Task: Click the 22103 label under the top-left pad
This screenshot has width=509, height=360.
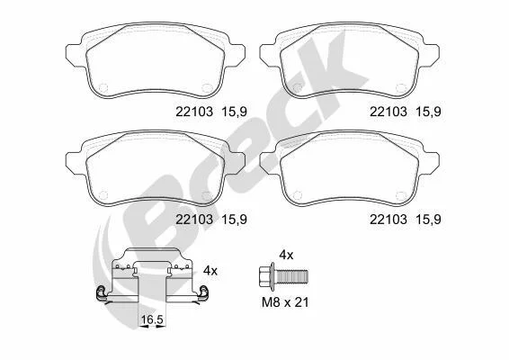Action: coord(194,112)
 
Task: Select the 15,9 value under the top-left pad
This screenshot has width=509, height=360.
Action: coord(234,112)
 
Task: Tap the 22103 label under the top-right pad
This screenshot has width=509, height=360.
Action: coord(388,112)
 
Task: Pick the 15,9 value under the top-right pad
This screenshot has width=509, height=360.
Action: coord(428,112)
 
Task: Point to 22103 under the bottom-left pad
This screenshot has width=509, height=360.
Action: coord(194,220)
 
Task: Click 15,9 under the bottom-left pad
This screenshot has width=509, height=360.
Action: coord(234,220)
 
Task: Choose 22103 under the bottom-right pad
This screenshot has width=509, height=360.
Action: coord(388,220)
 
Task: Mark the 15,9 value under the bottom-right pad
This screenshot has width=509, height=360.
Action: coord(428,220)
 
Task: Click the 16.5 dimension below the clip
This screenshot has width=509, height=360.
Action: coord(152,319)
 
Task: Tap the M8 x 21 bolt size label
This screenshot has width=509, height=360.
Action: coord(285,302)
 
